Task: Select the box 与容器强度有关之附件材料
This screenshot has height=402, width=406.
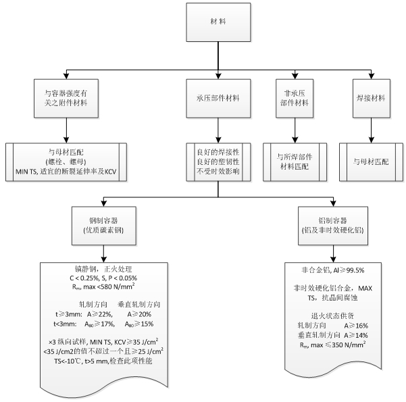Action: coord(66,99)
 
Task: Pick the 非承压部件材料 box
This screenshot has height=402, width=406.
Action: coord(293,99)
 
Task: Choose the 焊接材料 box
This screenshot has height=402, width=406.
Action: coord(370,99)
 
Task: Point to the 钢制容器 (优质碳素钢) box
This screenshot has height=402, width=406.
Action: coord(103,225)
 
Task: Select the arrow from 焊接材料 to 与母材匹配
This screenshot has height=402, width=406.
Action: coord(370,130)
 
